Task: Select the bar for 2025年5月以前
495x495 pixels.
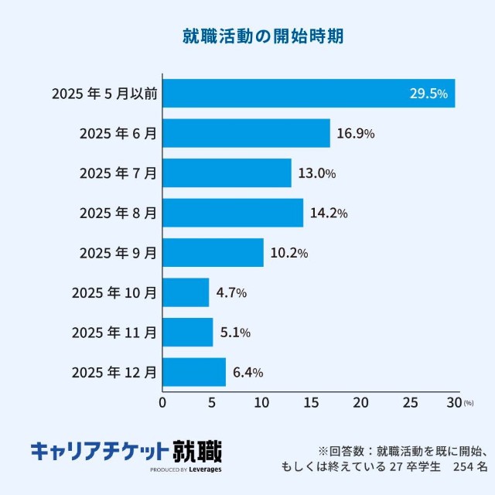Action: [x=309, y=94]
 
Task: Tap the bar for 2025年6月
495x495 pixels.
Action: [x=246, y=133]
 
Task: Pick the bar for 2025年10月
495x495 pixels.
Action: [x=186, y=292]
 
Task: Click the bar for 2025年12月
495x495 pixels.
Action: [x=194, y=372]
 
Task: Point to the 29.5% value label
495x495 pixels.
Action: [x=428, y=94]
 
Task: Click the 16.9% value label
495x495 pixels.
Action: [x=355, y=133]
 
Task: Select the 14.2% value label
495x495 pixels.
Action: [x=328, y=213]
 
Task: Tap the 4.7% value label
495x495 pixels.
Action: [x=231, y=292]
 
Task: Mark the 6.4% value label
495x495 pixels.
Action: [x=247, y=372]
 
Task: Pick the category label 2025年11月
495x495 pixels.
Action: [x=114, y=333]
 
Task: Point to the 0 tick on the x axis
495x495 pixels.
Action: [x=162, y=402]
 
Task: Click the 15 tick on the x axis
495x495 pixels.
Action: [x=311, y=402]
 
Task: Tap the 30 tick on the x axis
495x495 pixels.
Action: [x=454, y=402]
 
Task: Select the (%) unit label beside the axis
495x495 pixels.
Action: [x=468, y=404]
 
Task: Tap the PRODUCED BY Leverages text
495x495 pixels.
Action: [x=186, y=469]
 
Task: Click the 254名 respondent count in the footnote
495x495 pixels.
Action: [x=469, y=467]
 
